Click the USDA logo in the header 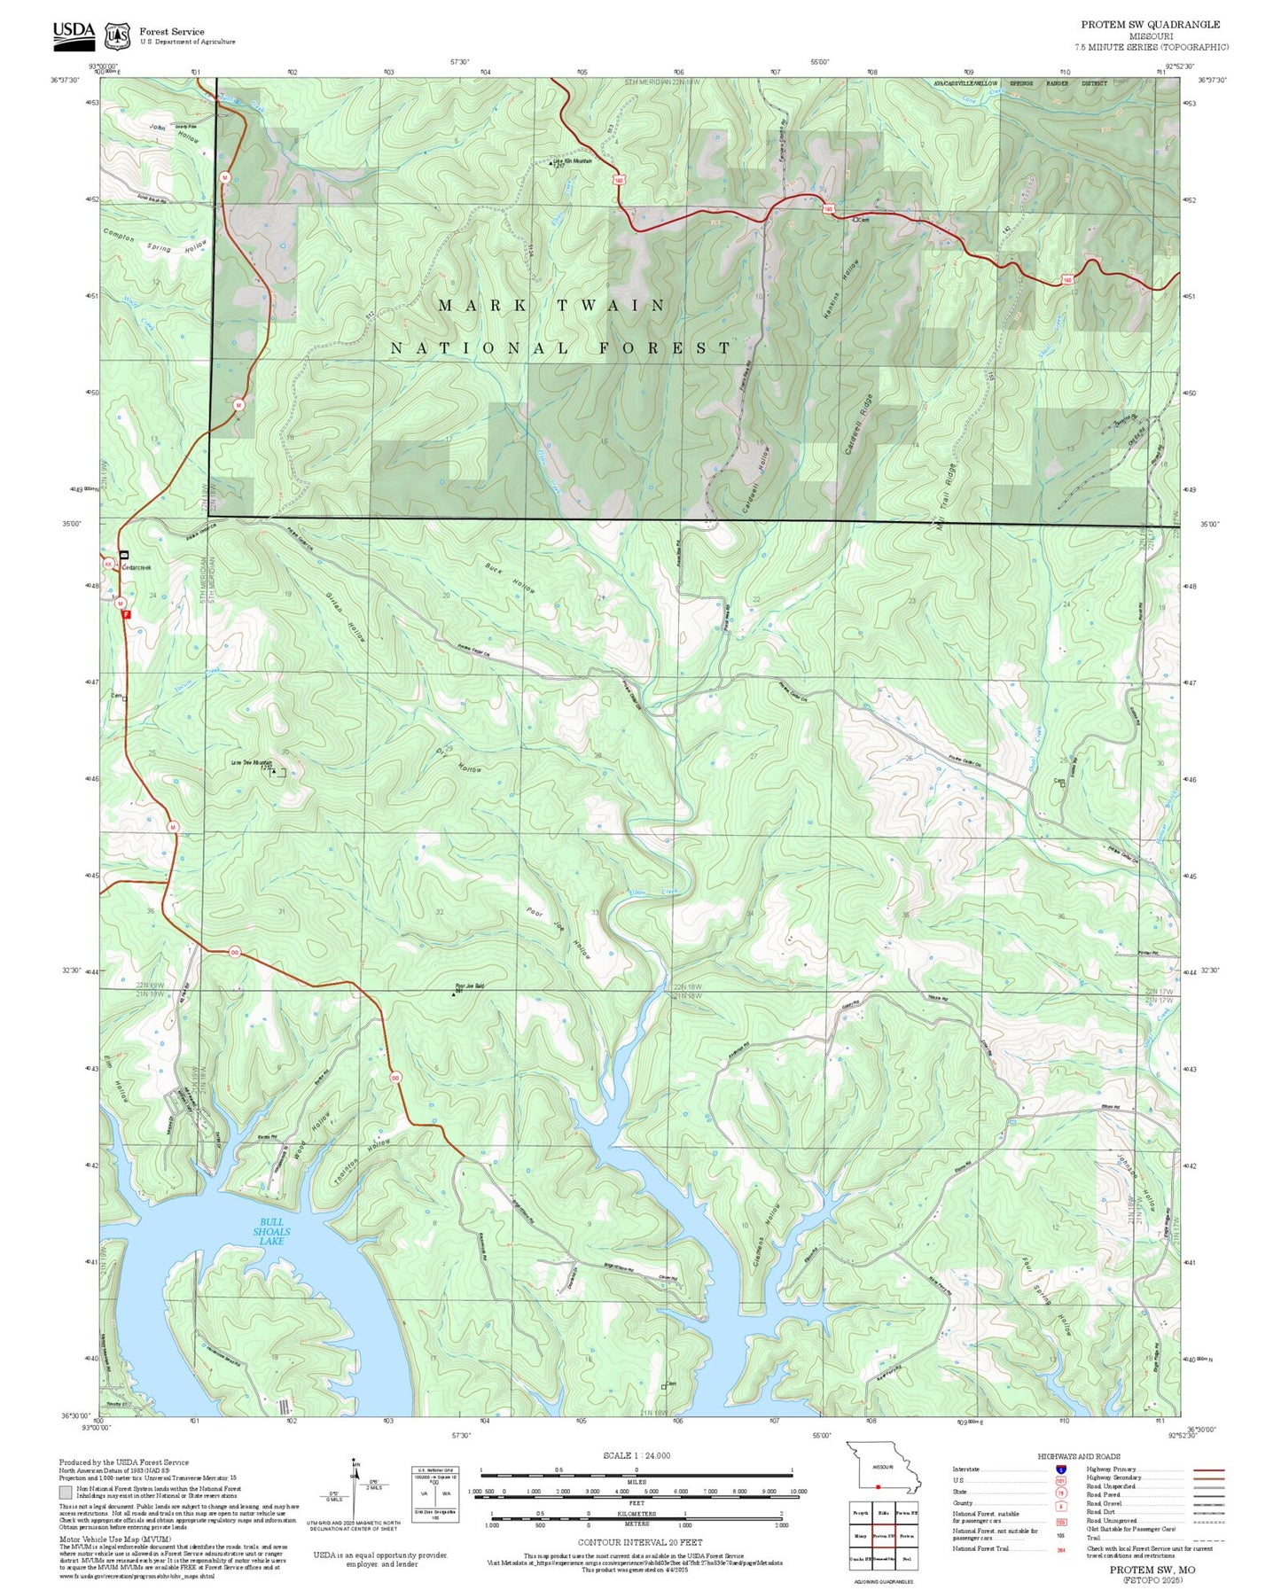[74, 33]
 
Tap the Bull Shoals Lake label [271, 1232]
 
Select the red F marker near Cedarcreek [127, 613]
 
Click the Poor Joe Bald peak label [469, 986]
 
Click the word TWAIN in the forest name [611, 305]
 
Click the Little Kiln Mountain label [572, 161]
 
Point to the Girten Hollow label [346, 616]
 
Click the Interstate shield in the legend [1061, 1469]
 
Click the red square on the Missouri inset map [877, 1486]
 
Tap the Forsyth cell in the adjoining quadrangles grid [860, 1513]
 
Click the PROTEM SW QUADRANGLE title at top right [1150, 24]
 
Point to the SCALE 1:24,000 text [636, 1455]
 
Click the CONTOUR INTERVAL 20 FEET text [639, 1542]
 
